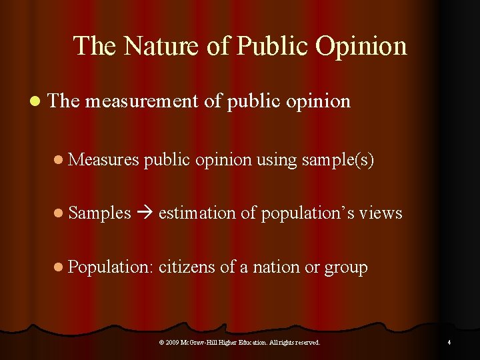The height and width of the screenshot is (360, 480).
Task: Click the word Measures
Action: point(104,159)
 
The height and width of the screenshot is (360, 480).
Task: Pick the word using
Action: point(276,160)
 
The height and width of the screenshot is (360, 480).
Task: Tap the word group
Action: point(346,268)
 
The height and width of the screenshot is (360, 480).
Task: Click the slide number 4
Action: point(449,343)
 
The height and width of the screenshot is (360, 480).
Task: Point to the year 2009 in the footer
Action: point(172,343)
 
